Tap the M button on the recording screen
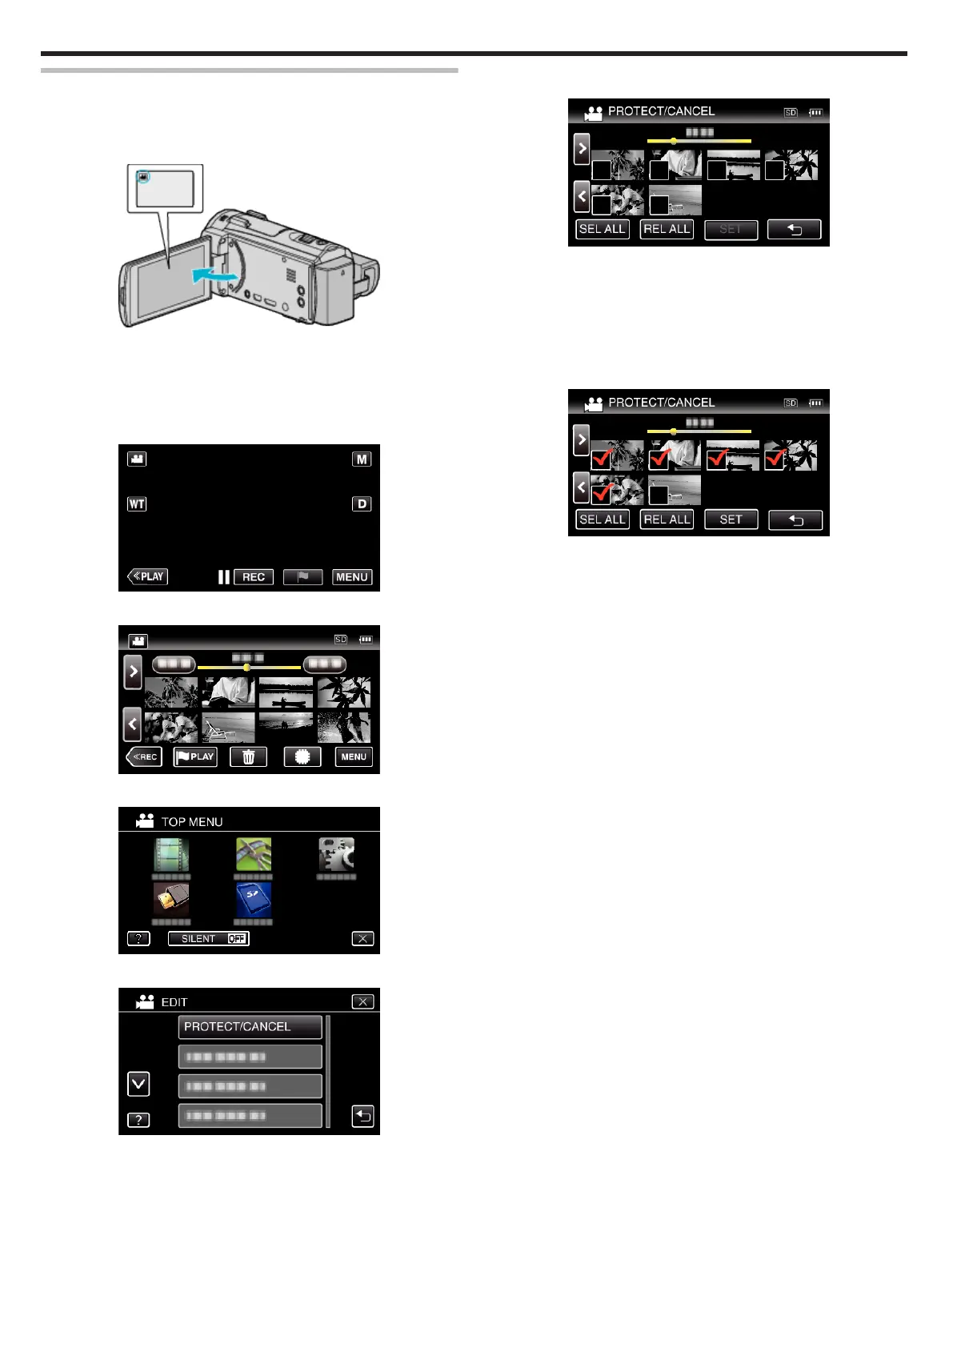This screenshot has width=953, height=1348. click(362, 459)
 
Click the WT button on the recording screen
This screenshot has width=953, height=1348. click(137, 504)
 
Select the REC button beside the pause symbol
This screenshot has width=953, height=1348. click(254, 577)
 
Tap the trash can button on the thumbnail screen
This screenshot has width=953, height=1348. click(248, 757)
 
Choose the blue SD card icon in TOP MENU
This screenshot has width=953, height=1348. click(254, 900)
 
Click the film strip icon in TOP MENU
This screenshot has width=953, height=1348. click(171, 855)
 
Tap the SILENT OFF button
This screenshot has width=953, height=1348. click(209, 939)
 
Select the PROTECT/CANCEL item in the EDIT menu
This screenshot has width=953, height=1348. click(250, 1027)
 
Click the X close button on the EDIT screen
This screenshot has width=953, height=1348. click(362, 1001)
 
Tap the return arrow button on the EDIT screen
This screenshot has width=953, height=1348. click(362, 1116)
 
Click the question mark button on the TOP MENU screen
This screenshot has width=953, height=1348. click(138, 939)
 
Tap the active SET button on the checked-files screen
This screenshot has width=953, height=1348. click(731, 520)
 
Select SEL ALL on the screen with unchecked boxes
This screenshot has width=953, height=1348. click(603, 230)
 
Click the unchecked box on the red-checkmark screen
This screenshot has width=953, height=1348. click(659, 494)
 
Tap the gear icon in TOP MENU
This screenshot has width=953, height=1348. click(336, 855)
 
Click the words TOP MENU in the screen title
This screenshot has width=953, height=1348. click(192, 822)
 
